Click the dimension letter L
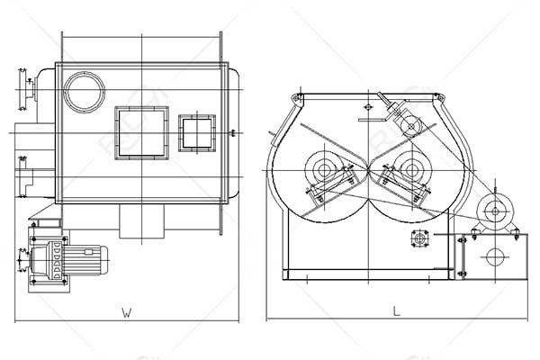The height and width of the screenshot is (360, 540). pos(396,310)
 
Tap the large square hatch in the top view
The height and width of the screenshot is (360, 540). pos(141,131)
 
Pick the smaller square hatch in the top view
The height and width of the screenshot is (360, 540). pos(196,132)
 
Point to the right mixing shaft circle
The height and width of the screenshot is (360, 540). pos(411,168)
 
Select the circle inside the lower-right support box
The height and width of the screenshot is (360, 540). pos(491,257)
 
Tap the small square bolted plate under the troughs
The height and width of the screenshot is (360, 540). pos(418,238)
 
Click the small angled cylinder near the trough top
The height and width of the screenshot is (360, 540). pos(408,121)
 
